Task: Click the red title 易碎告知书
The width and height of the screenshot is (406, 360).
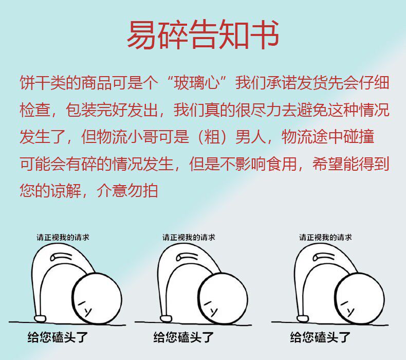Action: coord(203,35)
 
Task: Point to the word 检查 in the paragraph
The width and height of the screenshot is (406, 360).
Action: coord(35,110)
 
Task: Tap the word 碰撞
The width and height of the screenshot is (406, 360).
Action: coord(359,137)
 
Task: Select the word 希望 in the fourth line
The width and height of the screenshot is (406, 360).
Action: coord(328,164)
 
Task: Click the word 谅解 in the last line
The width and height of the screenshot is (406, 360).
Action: coord(66,191)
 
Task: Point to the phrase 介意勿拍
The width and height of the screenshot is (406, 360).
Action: coord(127,191)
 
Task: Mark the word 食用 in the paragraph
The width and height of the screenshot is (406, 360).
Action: coord(282,164)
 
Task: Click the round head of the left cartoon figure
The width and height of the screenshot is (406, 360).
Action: coord(97,299)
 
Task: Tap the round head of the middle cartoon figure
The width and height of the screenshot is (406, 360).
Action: coord(223,299)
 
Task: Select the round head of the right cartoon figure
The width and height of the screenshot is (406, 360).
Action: coord(359,299)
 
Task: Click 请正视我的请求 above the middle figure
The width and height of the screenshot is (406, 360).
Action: coord(189,237)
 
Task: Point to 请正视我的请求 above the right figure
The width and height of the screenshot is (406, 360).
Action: coord(325,237)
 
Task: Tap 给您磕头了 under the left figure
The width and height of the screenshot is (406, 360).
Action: coord(58,337)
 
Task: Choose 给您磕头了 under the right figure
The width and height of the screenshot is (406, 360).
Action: coord(321,337)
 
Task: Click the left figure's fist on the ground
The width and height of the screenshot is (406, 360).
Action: coord(40,318)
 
